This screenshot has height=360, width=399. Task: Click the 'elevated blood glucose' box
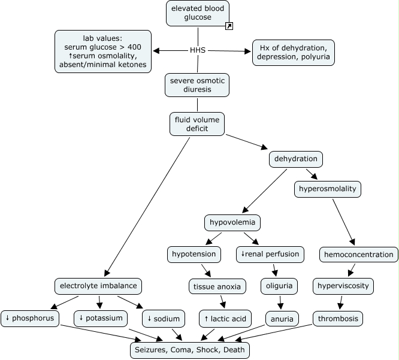[x=198, y=13]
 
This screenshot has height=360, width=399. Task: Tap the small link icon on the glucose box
[x=229, y=26]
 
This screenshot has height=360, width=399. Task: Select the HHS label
[x=198, y=50]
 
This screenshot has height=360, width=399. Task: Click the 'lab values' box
[x=102, y=50]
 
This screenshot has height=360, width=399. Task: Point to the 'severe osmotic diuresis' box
[x=197, y=85]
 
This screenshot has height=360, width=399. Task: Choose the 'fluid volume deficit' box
[x=198, y=124]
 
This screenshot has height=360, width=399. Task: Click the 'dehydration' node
[x=296, y=160]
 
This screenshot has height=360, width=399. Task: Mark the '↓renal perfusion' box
[x=270, y=255]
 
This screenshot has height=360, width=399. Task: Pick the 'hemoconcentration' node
[x=358, y=255]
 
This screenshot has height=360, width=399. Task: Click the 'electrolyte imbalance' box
[x=99, y=286]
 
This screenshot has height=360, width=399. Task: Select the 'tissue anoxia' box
[x=217, y=286]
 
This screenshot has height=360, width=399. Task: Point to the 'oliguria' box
[x=279, y=286]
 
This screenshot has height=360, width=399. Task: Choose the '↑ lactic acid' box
[x=225, y=319]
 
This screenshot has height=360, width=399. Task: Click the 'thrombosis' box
[x=338, y=319]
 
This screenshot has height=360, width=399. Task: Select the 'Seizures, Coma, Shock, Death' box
[x=189, y=349]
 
